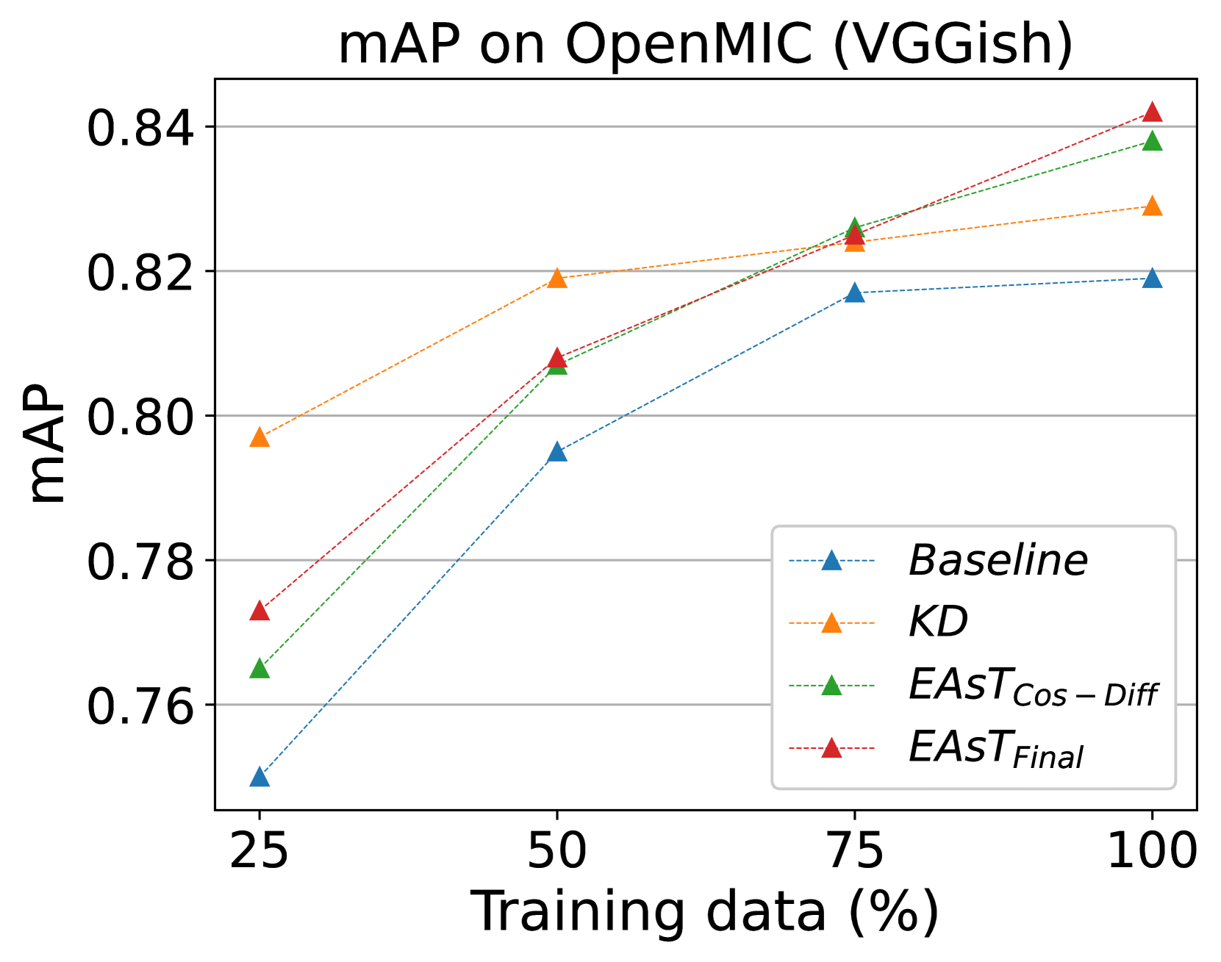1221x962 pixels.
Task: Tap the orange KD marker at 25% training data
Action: [x=259, y=437]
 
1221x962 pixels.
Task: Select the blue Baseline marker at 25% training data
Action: [x=259, y=777]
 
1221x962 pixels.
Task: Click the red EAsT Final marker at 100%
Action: [x=1152, y=112]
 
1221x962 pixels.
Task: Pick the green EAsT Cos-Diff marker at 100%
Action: [x=1152, y=141]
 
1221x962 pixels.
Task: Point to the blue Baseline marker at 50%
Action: [x=557, y=452]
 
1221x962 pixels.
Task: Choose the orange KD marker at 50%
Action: [x=557, y=279]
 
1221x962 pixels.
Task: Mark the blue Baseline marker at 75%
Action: [x=854, y=292]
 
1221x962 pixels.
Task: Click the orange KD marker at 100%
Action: [x=1152, y=207]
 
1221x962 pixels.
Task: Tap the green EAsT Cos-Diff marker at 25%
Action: [x=259, y=669]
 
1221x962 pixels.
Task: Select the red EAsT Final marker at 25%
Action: [x=259, y=611]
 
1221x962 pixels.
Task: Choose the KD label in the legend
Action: [x=938, y=623]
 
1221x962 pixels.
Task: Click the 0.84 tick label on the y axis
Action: [x=140, y=128]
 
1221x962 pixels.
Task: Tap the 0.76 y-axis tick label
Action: [x=140, y=706]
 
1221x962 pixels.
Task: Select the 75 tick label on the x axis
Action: [x=854, y=851]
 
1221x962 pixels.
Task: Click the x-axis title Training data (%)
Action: [x=705, y=912]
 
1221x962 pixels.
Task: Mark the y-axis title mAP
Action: [x=46, y=444]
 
